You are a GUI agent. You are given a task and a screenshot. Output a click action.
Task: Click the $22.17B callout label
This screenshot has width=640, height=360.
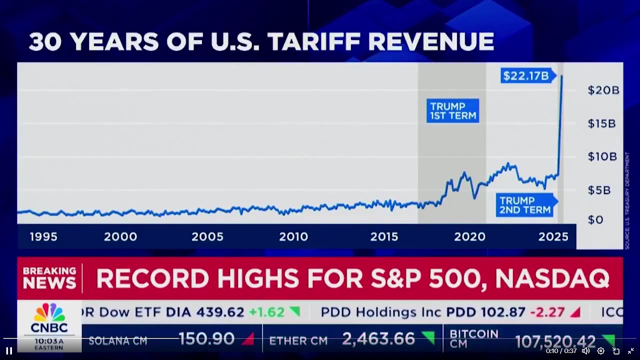(x=526, y=76)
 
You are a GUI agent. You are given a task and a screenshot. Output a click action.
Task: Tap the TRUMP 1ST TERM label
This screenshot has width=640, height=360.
(x=452, y=111)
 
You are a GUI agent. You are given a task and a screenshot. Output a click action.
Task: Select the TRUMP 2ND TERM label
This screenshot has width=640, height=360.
(x=524, y=205)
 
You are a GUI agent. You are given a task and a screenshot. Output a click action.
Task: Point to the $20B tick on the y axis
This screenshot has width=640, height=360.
(x=603, y=90)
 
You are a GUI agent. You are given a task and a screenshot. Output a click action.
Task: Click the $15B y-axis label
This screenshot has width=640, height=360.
(x=601, y=123)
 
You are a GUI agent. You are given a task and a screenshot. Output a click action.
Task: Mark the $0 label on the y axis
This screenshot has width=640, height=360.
(x=595, y=219)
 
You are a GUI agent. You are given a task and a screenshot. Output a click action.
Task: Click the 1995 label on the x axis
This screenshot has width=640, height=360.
(x=43, y=237)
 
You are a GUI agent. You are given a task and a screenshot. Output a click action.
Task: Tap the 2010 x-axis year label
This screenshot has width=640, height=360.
(x=293, y=237)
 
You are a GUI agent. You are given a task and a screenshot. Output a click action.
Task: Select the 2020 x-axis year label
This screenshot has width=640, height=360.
(x=469, y=237)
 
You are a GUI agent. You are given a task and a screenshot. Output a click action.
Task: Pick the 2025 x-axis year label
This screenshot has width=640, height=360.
(x=553, y=237)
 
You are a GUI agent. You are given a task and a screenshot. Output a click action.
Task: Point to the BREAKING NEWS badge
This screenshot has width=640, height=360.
(x=49, y=278)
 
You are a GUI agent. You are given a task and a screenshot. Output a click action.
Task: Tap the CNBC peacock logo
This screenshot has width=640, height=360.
(x=49, y=313)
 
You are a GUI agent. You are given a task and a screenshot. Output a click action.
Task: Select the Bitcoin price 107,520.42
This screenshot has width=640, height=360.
(x=555, y=341)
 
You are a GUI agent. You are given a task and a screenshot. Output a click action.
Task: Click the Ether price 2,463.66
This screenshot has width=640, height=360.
(x=378, y=340)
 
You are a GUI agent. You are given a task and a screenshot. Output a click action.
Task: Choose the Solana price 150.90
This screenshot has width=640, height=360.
(x=206, y=339)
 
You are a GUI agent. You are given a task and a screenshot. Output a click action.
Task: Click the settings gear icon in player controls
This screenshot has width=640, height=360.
(x=600, y=351)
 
